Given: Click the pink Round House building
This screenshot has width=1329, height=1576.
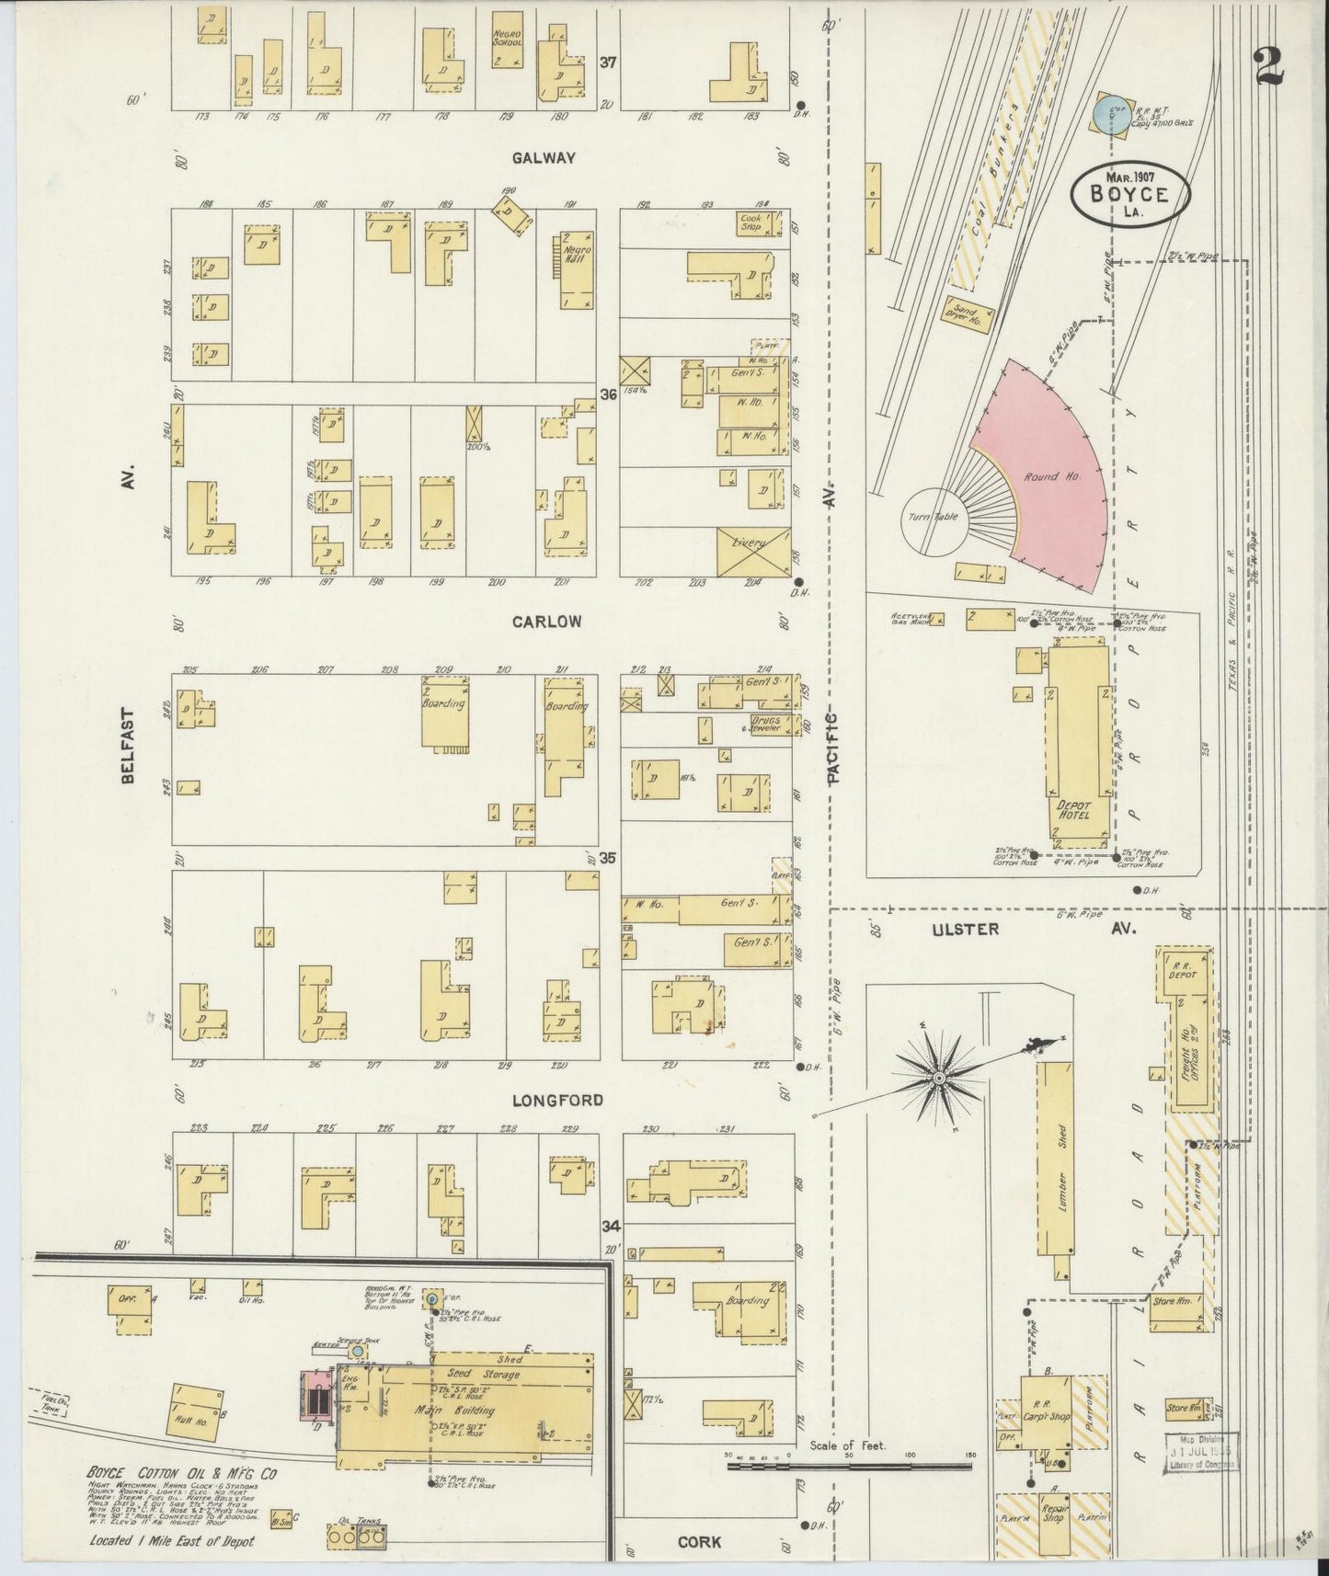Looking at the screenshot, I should point(1048,478).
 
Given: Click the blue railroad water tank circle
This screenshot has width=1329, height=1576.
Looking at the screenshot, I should point(1112,114).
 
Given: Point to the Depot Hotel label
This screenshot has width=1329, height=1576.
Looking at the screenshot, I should point(1072,808).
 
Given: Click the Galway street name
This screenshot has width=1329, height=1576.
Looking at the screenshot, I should point(544,158).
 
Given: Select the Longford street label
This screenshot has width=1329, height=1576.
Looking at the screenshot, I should point(545,1100).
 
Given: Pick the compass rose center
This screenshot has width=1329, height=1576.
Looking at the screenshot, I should point(940,1077).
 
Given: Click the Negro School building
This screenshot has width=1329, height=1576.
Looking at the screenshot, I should point(506,41).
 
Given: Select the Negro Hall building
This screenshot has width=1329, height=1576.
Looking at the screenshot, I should point(576,271).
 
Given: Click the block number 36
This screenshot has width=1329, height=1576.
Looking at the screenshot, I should point(607,394).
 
